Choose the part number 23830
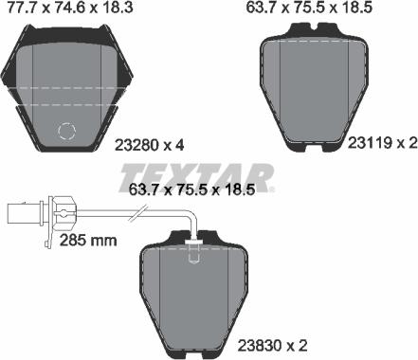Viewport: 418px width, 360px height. pos(368,346)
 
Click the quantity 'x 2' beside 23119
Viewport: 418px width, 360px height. pos(403,142)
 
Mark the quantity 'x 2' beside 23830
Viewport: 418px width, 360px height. pos(403,346)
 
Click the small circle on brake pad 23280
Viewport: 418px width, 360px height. pos(68,133)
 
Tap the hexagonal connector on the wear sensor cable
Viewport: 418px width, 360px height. pos(64,213)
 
